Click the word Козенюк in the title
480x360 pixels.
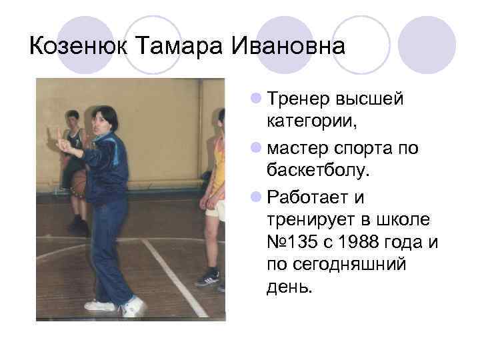coord(79,47)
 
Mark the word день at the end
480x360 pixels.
coord(288,288)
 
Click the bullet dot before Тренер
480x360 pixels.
coord(256,99)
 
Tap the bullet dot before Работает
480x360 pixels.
coord(256,197)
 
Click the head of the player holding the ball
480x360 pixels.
coord(73,119)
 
